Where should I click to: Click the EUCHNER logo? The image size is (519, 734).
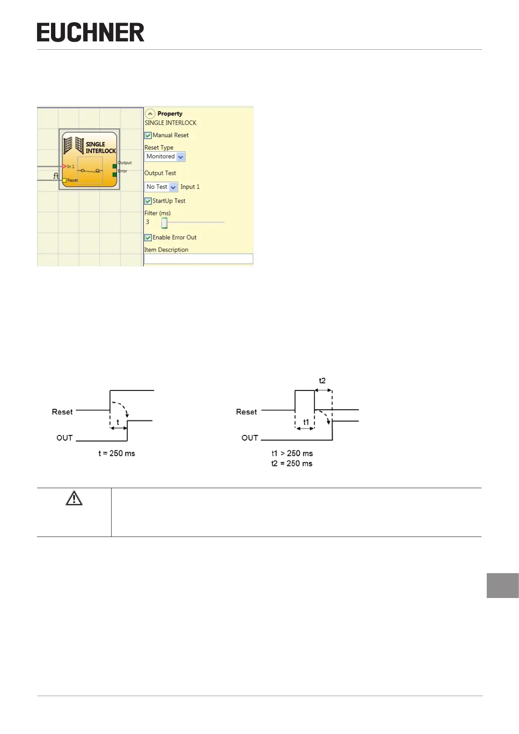[x=91, y=33]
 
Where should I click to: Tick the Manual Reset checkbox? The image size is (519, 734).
[x=148, y=136]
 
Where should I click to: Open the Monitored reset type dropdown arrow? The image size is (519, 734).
[x=181, y=157]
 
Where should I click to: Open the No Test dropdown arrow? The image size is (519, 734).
[x=173, y=187]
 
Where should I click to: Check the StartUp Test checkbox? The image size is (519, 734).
[x=148, y=201]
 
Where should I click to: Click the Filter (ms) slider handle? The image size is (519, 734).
[x=164, y=223]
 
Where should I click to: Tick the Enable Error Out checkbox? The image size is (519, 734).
[x=148, y=238]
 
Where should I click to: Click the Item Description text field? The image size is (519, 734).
[x=198, y=259]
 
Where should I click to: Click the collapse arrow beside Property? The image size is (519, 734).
[x=150, y=114]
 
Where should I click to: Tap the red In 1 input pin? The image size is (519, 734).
[x=64, y=167]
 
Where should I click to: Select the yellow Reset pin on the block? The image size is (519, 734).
[x=64, y=180]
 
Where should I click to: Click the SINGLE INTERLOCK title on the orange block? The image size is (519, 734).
[x=100, y=147]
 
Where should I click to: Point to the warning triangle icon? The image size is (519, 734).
[x=74, y=498]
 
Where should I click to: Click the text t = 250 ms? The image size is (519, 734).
[x=117, y=453]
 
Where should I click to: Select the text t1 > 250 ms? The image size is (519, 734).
[x=292, y=453]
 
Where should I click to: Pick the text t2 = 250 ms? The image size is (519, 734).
[x=292, y=463]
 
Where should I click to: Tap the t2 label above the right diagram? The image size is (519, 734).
[x=322, y=381]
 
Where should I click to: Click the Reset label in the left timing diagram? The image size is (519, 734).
[x=62, y=412]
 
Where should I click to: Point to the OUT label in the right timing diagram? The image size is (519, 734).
[x=250, y=438]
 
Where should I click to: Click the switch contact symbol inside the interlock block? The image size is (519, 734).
[x=90, y=170]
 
